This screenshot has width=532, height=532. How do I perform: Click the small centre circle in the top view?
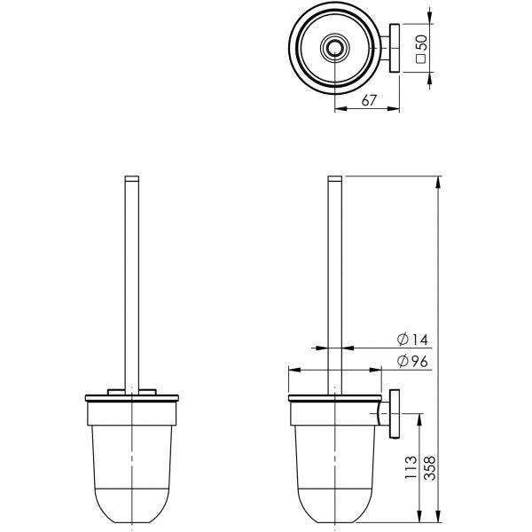tap(334, 48)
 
